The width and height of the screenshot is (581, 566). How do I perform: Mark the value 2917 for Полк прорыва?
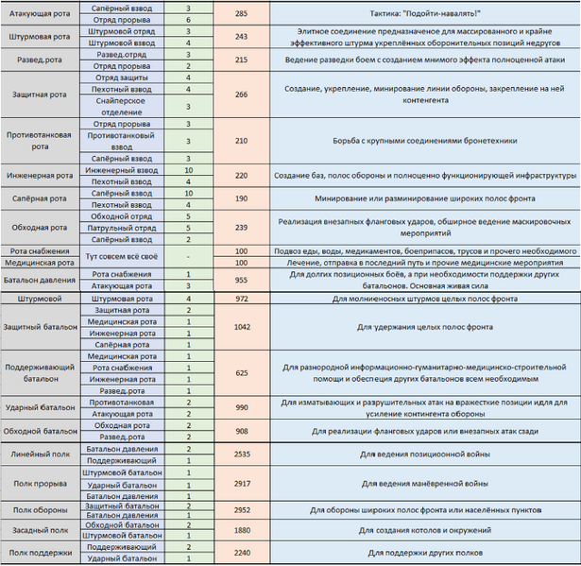point(241,484)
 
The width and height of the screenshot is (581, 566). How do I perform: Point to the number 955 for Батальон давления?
point(241,280)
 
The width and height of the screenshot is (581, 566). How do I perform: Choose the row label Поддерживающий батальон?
point(42,372)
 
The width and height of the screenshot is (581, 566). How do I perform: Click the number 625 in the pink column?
point(241,372)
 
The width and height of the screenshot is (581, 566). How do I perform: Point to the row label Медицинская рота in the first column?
point(42,262)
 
